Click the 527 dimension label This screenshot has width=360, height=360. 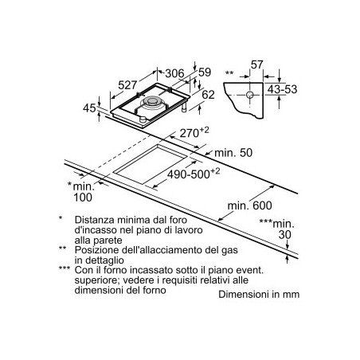127,85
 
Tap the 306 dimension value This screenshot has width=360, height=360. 174,73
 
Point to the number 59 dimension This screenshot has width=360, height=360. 205,72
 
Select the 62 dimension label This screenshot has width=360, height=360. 208,95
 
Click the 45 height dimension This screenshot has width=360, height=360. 89,108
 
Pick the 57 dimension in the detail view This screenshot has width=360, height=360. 256,65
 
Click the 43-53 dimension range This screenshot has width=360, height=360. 282,89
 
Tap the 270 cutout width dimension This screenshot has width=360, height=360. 194,132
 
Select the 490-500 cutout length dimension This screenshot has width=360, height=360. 194,174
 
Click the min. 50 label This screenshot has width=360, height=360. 233,153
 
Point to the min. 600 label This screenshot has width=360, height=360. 250,205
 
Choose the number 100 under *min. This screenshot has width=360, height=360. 83,198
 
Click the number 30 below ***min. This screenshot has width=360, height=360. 285,235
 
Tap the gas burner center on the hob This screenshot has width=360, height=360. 152,101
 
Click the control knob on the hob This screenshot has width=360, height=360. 143,119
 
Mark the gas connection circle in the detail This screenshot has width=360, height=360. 250,95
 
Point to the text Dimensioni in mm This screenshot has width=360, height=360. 259,294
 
